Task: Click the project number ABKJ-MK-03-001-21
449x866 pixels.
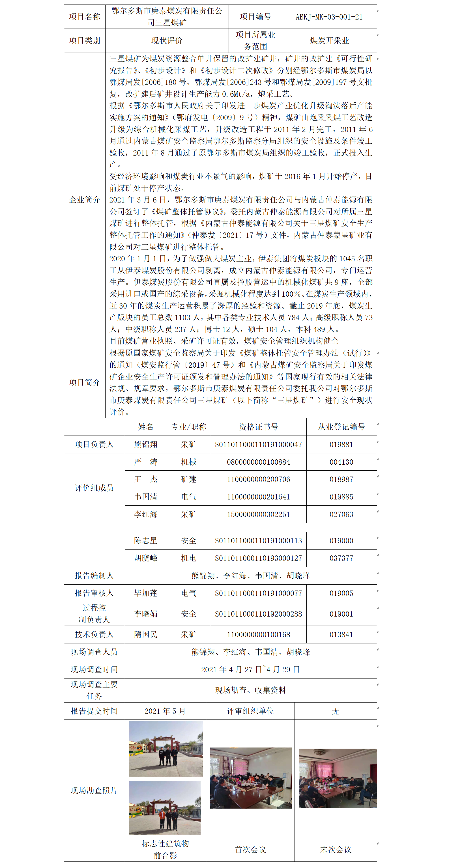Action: click(x=329, y=17)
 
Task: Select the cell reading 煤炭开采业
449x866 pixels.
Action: click(x=329, y=41)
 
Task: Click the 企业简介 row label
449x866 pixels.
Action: click(x=84, y=200)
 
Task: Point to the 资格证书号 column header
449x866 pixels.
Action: click(x=258, y=427)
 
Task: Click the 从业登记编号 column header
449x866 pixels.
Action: click(x=341, y=427)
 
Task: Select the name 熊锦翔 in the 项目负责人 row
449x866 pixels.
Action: click(x=146, y=444)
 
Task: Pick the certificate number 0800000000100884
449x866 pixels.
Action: click(x=258, y=462)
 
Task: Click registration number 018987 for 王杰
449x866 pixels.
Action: click(x=341, y=479)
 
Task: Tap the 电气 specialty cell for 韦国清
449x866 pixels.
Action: click(x=189, y=497)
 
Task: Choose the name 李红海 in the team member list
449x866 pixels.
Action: click(x=146, y=514)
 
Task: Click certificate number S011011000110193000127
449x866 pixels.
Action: click(x=258, y=558)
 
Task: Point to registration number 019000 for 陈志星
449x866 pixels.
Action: click(x=341, y=540)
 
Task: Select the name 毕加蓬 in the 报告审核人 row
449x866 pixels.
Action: click(x=146, y=593)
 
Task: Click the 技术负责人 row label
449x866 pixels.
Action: click(x=94, y=634)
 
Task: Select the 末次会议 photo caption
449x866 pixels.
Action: click(x=336, y=850)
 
